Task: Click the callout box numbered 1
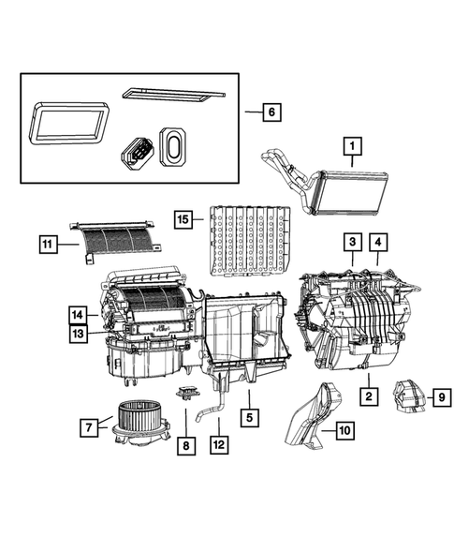tap(352, 145)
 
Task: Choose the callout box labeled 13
tap(80, 332)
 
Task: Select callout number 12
tap(218, 447)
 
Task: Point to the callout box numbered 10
tap(344, 431)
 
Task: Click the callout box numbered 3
tap(352, 243)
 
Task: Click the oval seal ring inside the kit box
tap(174, 145)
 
